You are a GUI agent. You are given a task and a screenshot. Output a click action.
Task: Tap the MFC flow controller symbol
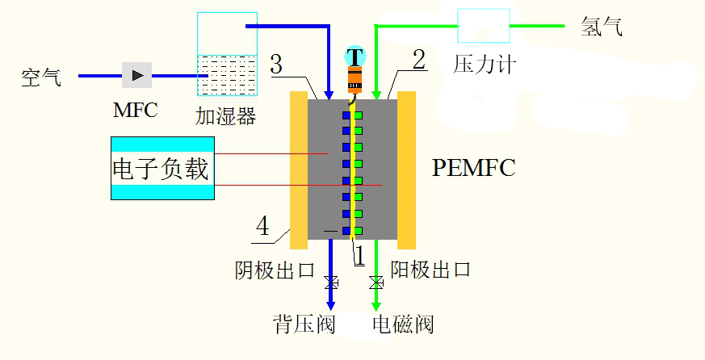click(x=136, y=76)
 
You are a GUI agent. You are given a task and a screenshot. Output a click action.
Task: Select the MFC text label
click(x=135, y=111)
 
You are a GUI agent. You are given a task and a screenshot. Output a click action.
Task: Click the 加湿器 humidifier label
click(x=225, y=116)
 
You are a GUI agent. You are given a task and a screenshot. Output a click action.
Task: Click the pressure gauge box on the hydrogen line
click(x=484, y=25)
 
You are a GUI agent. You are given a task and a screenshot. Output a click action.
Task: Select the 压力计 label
click(x=484, y=64)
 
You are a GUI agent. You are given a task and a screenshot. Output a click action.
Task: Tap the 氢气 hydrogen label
click(x=602, y=27)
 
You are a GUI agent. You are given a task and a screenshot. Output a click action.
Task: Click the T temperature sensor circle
click(x=355, y=57)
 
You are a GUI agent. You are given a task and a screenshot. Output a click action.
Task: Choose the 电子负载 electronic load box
click(x=162, y=168)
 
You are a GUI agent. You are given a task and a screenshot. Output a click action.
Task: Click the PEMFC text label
click(x=473, y=168)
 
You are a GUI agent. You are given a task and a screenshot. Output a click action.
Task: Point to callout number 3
click(x=276, y=65)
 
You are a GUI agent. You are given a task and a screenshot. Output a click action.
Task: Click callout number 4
click(x=262, y=226)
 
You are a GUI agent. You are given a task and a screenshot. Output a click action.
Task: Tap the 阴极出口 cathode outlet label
click(x=275, y=270)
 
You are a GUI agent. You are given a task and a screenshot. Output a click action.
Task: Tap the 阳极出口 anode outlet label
click(x=430, y=270)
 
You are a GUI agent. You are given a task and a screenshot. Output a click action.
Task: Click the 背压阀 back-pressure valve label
click(x=304, y=324)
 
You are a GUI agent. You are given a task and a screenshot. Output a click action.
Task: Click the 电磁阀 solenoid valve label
click(x=403, y=324)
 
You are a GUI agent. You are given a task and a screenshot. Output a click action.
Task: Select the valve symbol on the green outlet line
click(x=376, y=283)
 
